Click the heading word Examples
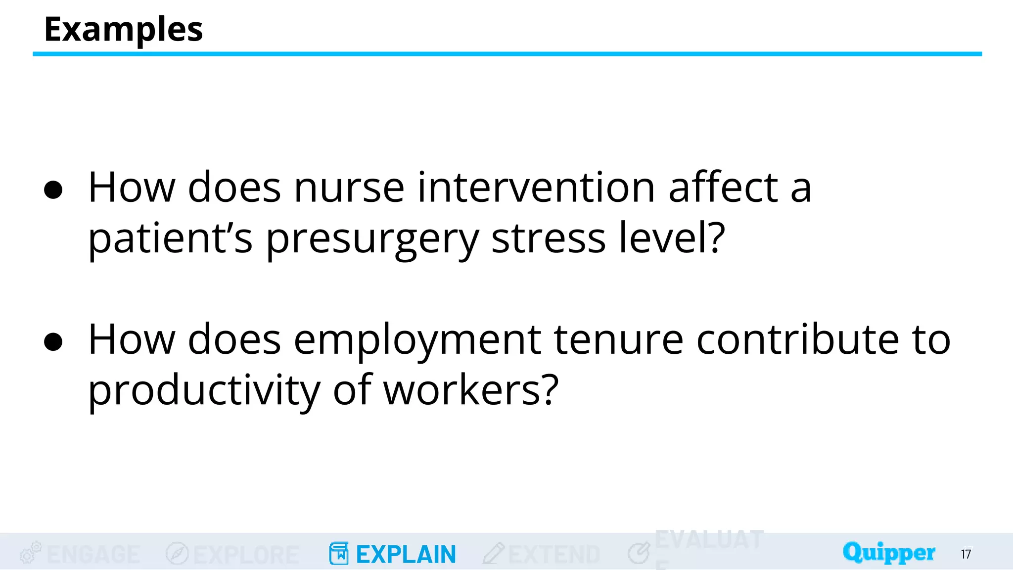click(123, 29)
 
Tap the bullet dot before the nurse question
click(53, 190)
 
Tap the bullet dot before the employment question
click(53, 342)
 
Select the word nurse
click(349, 188)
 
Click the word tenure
click(618, 340)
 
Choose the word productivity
click(204, 391)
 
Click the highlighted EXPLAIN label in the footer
click(406, 554)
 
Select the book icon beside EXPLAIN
click(339, 554)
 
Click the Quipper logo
click(889, 553)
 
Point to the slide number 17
click(966, 554)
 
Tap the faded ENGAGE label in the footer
click(93, 554)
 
